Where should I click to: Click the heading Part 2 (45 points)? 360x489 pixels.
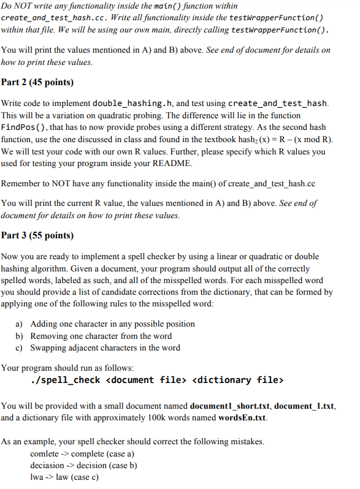pos(37,81)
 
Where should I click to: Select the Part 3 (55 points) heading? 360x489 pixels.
pos(37,235)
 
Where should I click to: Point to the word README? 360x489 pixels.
pos(177,163)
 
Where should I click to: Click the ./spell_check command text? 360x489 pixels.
pos(66,380)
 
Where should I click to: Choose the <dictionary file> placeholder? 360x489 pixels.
pos(237,380)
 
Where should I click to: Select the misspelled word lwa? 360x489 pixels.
pos(37,477)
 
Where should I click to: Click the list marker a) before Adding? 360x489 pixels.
pos(19,324)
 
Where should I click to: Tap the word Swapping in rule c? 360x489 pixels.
pos(48,347)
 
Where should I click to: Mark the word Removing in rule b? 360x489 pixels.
pos(48,336)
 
